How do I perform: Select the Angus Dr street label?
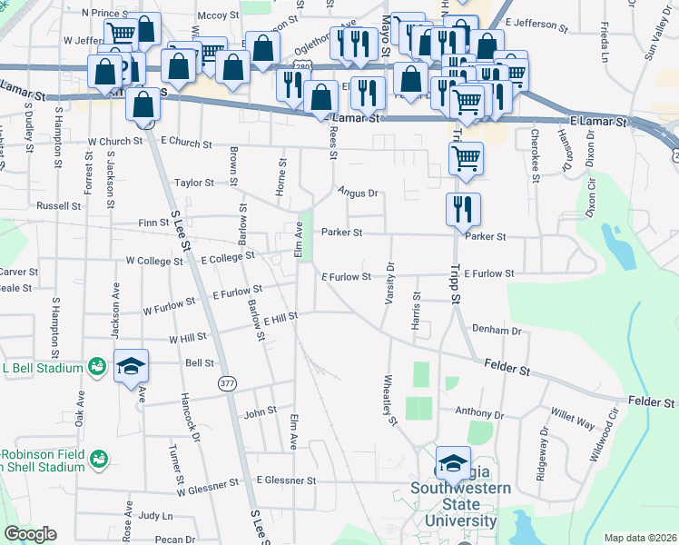[357, 193]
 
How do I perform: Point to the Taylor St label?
[194, 183]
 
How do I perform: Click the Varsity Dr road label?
[390, 284]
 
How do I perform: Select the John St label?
[260, 411]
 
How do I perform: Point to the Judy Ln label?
[155, 515]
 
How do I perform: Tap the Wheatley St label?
[391, 401]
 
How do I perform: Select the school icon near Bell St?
[131, 365]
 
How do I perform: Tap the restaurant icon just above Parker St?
[463, 208]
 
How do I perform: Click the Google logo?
[30, 534]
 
